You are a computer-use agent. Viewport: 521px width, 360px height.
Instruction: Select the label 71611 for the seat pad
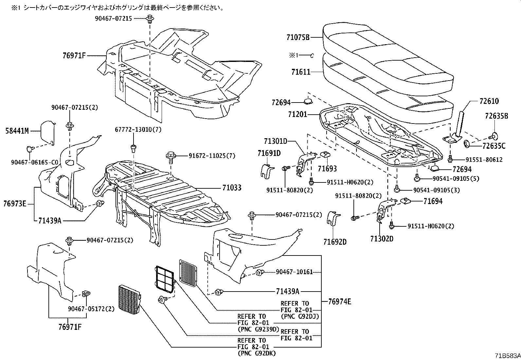[x=301, y=72]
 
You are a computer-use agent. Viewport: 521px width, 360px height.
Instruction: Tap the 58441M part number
[x=17, y=131]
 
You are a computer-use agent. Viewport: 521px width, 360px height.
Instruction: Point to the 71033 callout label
[x=232, y=188]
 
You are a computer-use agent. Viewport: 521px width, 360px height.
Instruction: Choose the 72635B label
[x=496, y=116]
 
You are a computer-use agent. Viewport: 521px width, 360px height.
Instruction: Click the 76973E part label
[x=15, y=204]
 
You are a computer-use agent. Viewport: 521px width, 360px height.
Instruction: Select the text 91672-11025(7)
[x=212, y=156]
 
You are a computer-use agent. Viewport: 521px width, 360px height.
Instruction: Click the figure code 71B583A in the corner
[x=507, y=355]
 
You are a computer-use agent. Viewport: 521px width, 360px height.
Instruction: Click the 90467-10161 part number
[x=294, y=272]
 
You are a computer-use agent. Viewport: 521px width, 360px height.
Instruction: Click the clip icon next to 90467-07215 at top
[x=150, y=19]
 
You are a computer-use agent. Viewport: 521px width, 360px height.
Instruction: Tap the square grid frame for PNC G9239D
[x=165, y=279]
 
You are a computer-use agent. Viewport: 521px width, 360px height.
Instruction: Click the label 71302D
[x=382, y=239]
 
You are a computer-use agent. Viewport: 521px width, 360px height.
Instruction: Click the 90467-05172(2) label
[x=91, y=309]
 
